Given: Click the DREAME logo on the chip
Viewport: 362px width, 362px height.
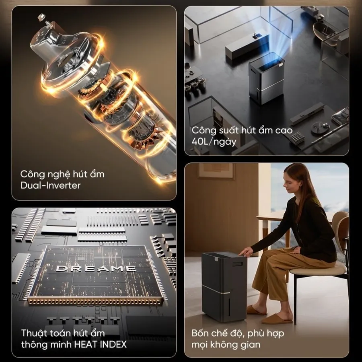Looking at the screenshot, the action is click(96, 268).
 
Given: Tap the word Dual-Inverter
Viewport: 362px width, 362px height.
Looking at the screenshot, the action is click(51, 185).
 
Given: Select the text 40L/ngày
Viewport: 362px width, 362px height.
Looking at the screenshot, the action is click(214, 142).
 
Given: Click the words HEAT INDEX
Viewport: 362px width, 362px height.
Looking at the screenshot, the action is click(101, 344).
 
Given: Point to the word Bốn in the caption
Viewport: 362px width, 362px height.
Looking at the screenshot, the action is click(200, 333).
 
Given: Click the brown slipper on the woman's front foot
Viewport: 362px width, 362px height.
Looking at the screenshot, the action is click(274, 319).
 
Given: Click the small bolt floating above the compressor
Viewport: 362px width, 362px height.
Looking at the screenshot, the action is click(41, 17).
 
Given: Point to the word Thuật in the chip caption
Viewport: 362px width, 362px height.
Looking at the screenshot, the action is click(34, 333).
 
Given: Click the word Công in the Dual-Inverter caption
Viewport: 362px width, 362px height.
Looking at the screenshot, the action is click(32, 174).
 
